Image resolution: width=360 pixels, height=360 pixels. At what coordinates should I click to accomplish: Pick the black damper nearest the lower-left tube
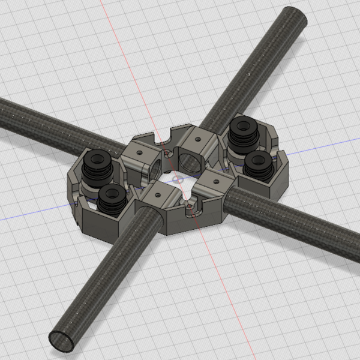coord(112,198)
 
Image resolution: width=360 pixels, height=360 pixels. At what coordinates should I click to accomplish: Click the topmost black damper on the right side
coord(243,129)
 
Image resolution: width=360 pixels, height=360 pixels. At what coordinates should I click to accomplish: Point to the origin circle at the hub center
coord(177,179)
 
